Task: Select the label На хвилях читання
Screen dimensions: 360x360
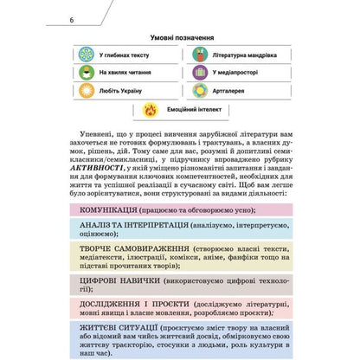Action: [125, 72]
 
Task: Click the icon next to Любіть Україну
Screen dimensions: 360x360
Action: [86, 89]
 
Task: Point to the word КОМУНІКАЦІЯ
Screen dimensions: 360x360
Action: [108, 210]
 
